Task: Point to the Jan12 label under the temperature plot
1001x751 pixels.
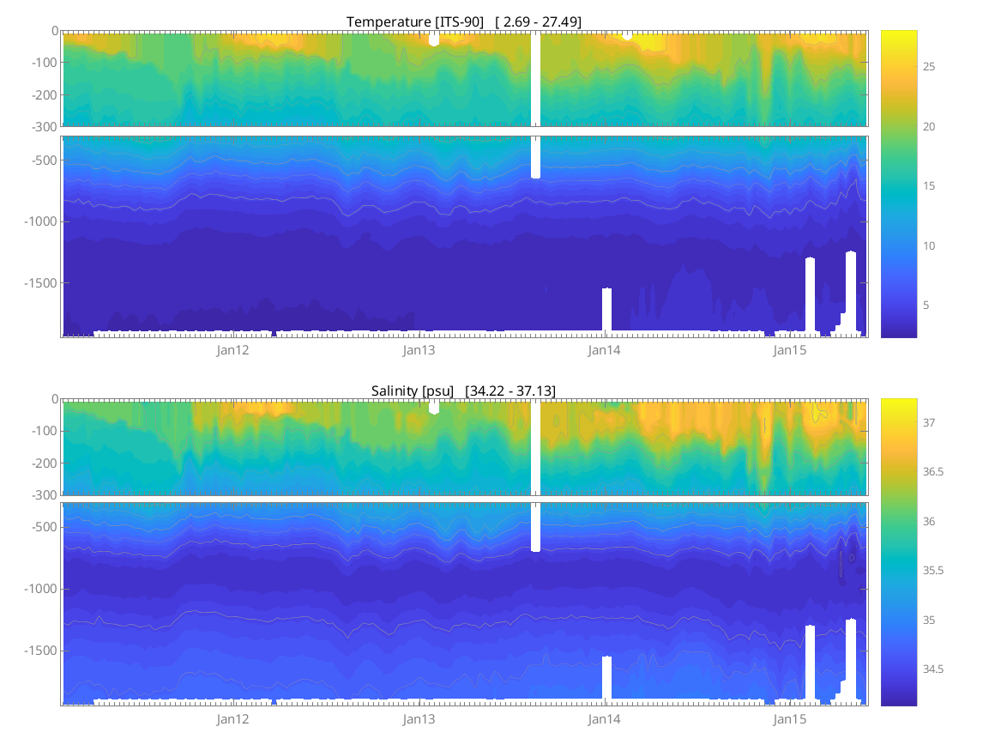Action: point(232,350)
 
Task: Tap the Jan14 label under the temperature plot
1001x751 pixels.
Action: point(604,350)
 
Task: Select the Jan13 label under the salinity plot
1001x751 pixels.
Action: point(419,718)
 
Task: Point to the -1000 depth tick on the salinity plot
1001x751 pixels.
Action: point(41,589)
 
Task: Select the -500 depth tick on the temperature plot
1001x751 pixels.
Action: point(44,160)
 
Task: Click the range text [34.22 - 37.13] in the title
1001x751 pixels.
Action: point(510,391)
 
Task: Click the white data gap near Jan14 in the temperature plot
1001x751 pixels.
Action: point(606,309)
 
